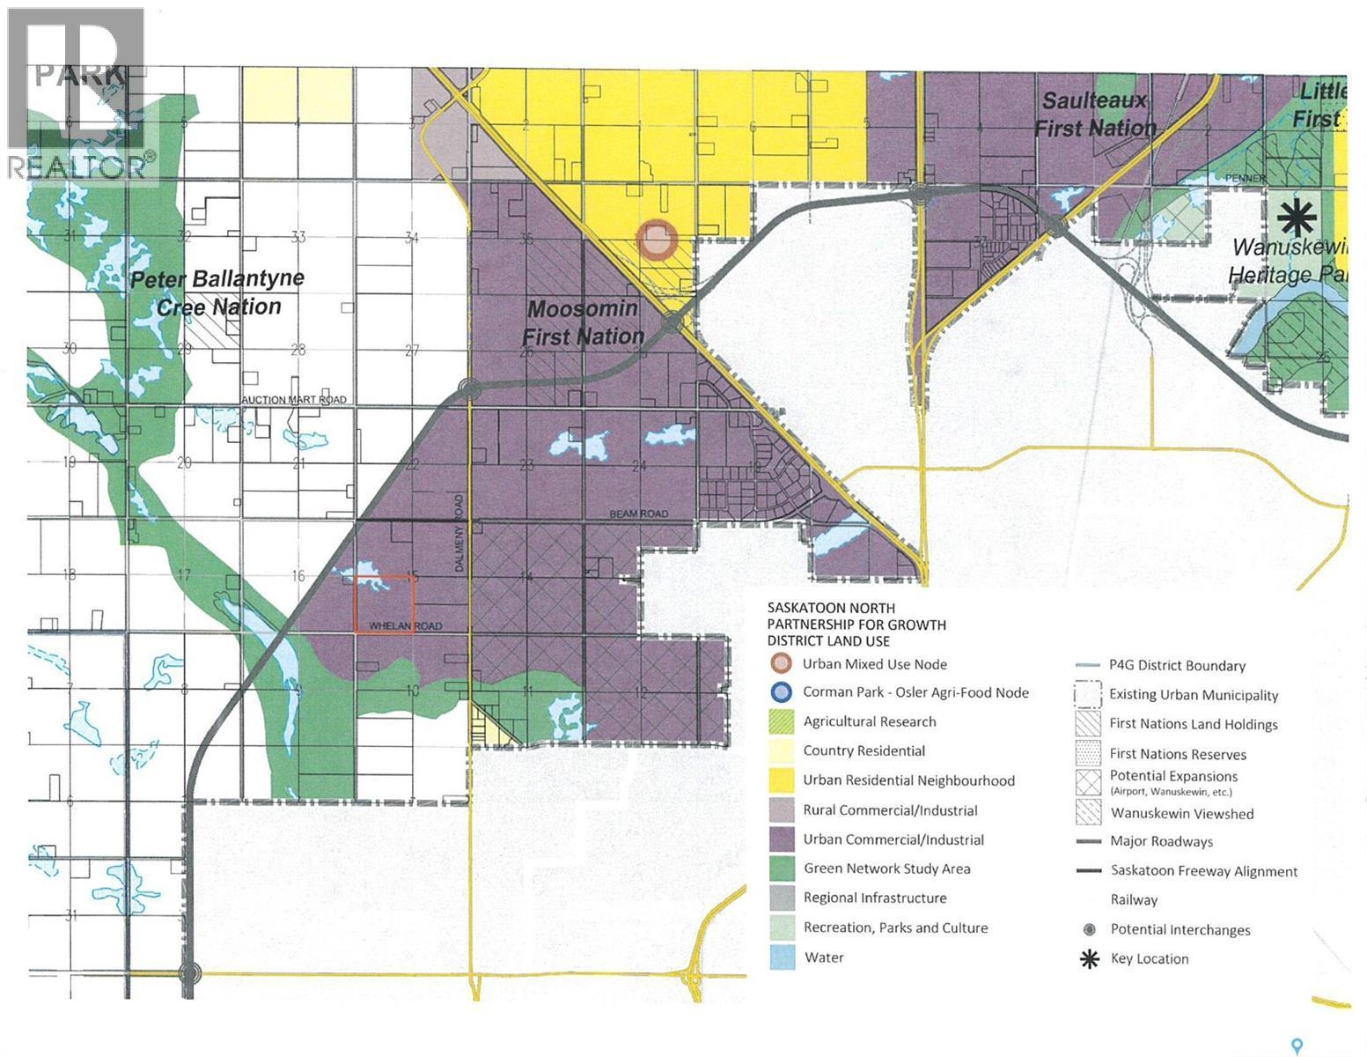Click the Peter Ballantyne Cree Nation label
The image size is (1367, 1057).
coord(217,292)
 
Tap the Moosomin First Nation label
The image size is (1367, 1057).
coord(584,323)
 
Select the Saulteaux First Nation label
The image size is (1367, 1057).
coord(1094,114)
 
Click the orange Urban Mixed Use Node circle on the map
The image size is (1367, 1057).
coord(657,240)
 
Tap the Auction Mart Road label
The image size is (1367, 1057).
coord(294,400)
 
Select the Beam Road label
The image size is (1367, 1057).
coord(638,514)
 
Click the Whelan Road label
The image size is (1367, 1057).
coord(404,626)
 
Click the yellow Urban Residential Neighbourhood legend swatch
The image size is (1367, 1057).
coord(783,780)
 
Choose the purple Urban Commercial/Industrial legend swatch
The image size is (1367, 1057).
coord(783,839)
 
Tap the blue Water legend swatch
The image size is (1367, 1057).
coord(783,957)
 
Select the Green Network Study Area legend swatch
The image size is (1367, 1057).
coord(783,869)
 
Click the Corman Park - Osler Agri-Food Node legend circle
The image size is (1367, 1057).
coord(781,692)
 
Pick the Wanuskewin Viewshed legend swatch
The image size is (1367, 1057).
coord(1088,812)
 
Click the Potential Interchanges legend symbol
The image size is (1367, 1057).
coord(1090,929)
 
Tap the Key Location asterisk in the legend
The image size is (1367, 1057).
coord(1090,959)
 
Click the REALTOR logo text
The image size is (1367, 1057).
coord(77,166)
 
